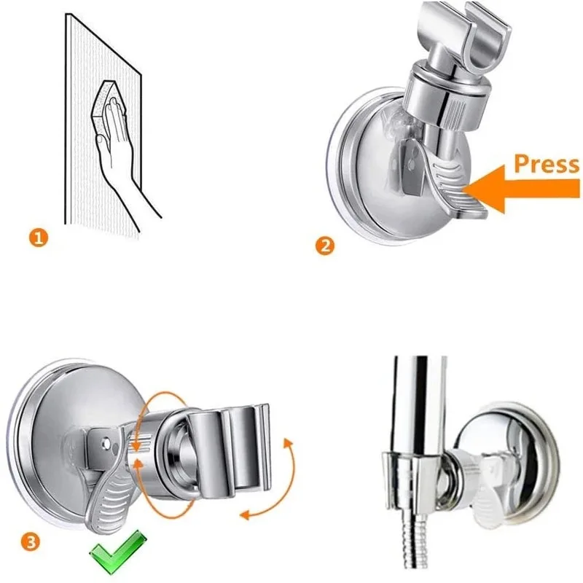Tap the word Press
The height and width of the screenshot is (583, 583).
547,164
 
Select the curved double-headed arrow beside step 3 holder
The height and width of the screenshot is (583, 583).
270,481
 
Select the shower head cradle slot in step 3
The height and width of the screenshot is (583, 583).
233,445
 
